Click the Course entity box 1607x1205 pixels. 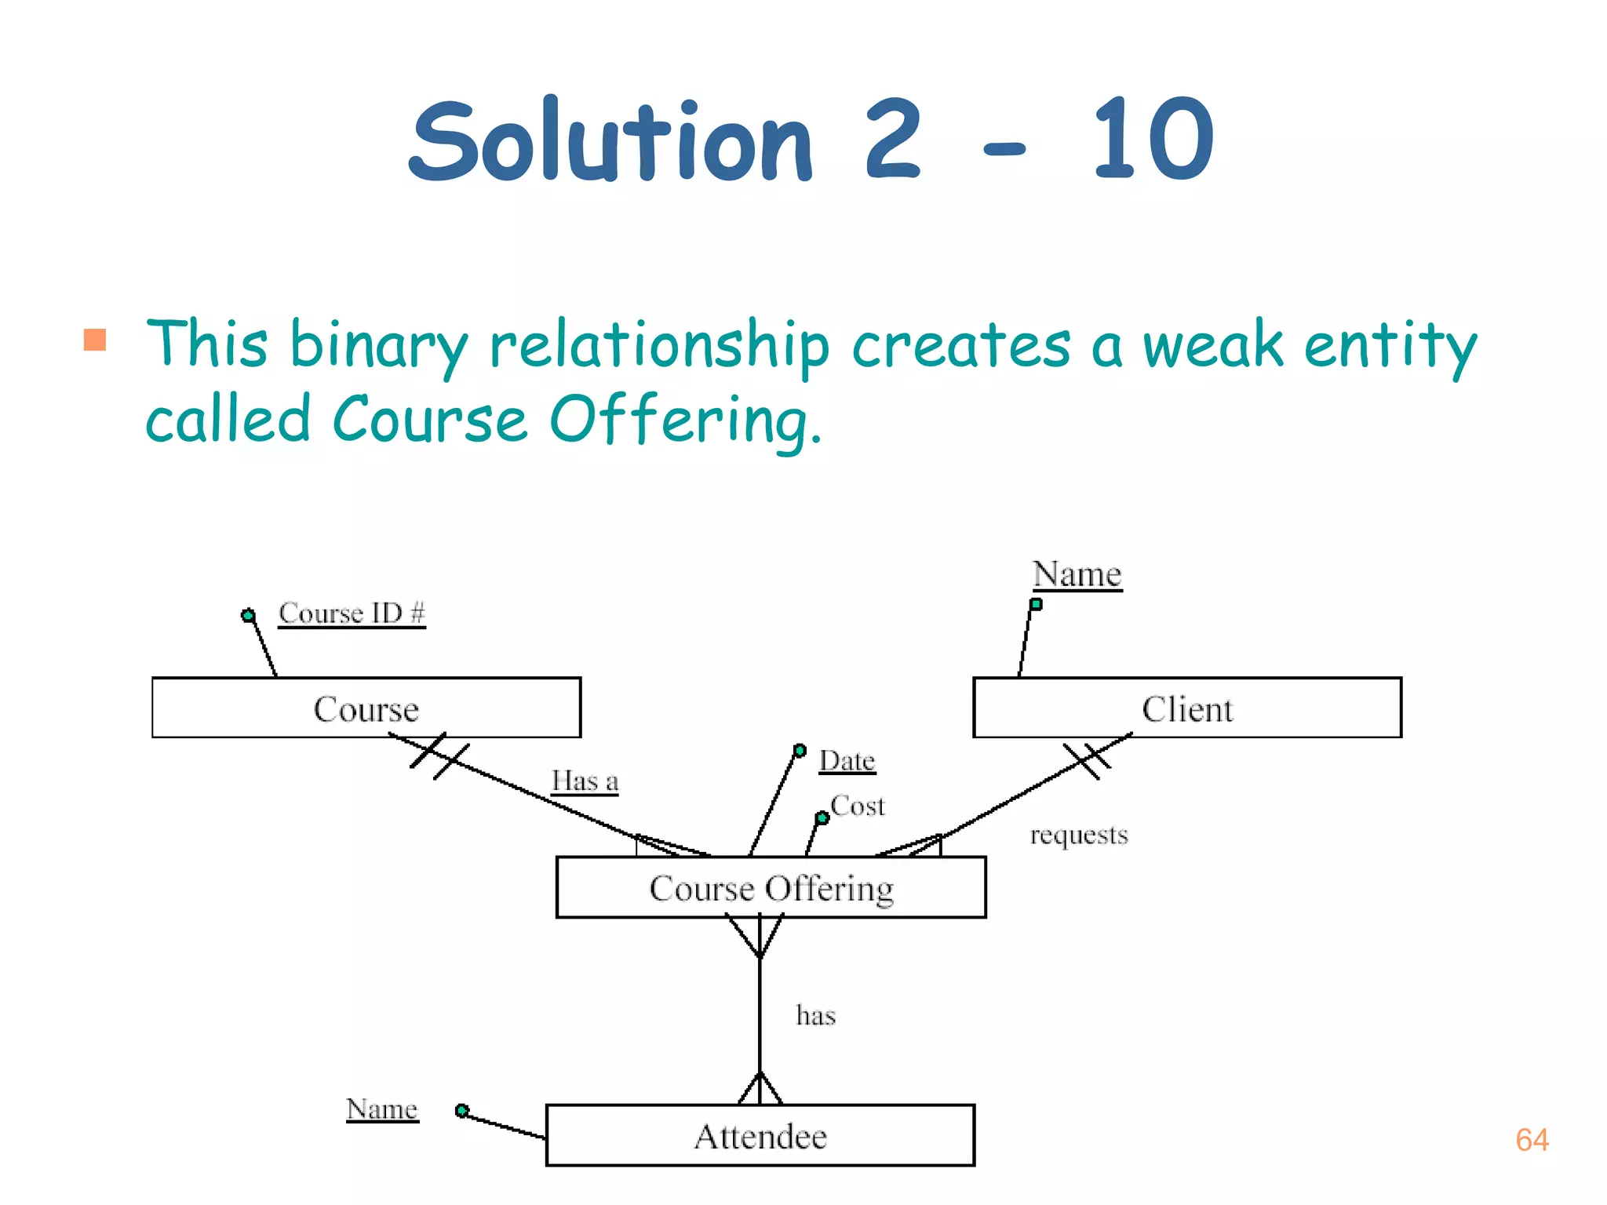[x=366, y=708]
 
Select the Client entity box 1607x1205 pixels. [x=1186, y=708]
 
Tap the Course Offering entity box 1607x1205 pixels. [x=771, y=887]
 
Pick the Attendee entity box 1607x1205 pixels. [x=760, y=1135]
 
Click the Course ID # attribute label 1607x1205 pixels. [x=352, y=613]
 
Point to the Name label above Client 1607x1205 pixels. [x=1077, y=573]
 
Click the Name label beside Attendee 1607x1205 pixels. [x=382, y=1109]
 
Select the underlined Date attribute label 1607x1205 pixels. [x=847, y=760]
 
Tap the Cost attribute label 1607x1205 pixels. [x=858, y=806]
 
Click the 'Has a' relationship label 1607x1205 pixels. [x=585, y=781]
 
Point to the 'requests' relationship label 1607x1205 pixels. [x=1079, y=835]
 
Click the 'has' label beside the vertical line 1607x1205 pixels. [x=815, y=1015]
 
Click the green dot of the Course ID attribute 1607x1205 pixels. [x=248, y=615]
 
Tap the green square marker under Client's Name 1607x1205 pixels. [x=1036, y=604]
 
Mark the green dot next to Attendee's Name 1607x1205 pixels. [x=461, y=1110]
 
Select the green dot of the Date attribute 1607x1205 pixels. [x=800, y=751]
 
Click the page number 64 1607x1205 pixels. [x=1532, y=1140]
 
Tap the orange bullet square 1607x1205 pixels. [x=95, y=340]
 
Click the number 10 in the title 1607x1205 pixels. [x=1152, y=140]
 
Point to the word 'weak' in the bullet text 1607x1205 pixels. [x=1212, y=345]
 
